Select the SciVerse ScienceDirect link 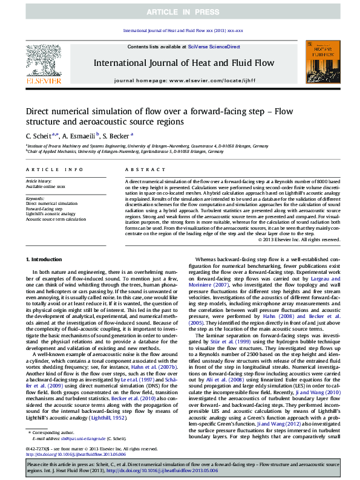click(214, 47)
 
